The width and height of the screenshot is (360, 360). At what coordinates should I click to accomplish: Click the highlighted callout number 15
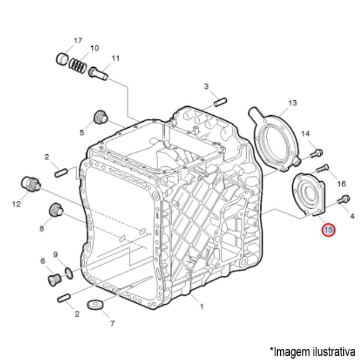pyautogui.click(x=329, y=230)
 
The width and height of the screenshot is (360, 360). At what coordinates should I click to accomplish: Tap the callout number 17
pyautogui.click(x=78, y=40)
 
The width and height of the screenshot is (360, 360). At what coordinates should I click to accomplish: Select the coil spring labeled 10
pyautogui.click(x=77, y=64)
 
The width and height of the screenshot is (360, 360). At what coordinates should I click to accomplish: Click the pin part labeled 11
pyautogui.click(x=98, y=73)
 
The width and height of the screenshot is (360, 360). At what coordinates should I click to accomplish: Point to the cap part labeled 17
pyautogui.click(x=62, y=59)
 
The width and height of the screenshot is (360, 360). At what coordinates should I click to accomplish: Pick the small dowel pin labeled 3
pyautogui.click(x=221, y=102)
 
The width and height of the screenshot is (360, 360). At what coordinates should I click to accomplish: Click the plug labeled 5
pyautogui.click(x=101, y=117)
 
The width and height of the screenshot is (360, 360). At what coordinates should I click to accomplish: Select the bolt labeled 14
pyautogui.click(x=317, y=154)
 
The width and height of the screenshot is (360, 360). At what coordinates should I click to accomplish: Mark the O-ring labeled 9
pyautogui.click(x=69, y=273)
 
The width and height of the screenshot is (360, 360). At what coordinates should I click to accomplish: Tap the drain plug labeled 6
pyautogui.click(x=55, y=280)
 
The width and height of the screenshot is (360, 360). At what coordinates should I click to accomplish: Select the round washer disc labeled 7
pyautogui.click(x=95, y=305)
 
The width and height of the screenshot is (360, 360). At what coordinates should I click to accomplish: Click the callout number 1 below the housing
pyautogui.click(x=202, y=306)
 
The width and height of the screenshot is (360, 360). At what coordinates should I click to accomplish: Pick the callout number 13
pyautogui.click(x=292, y=103)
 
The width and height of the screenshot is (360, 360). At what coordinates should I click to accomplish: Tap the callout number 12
pyautogui.click(x=16, y=203)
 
